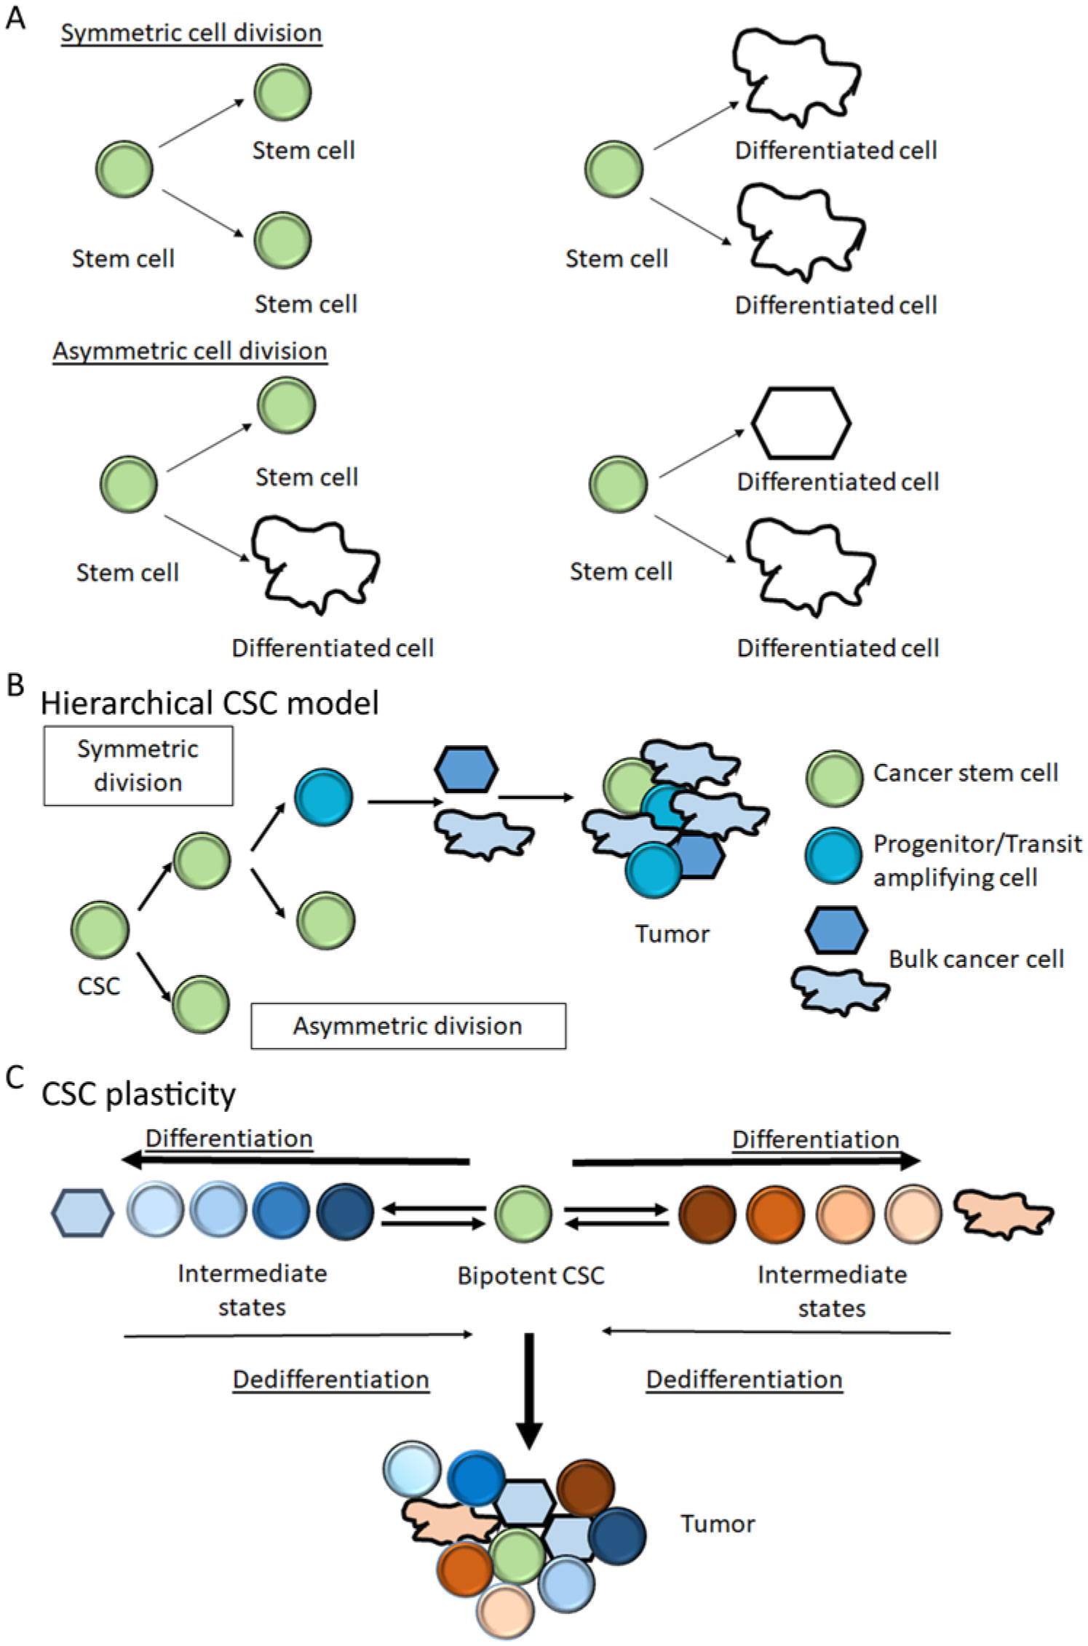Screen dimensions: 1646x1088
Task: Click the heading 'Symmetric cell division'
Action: [x=191, y=33]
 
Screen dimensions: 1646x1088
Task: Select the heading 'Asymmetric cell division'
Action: [x=189, y=351]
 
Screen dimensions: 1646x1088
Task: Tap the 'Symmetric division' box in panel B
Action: [x=138, y=766]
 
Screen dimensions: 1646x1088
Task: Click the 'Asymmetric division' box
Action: [x=408, y=1025]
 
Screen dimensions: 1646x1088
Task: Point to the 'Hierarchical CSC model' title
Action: [x=210, y=703]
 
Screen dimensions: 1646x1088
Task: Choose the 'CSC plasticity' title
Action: [x=138, y=1094]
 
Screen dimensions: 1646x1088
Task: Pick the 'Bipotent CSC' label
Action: [x=531, y=1276]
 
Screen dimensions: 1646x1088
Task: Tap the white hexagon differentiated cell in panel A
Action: [x=801, y=423]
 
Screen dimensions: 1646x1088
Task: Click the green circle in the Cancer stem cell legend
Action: [x=834, y=779]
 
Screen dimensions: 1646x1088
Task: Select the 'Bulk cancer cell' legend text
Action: [x=976, y=959]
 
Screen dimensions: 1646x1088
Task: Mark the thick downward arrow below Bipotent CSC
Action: [x=529, y=1388]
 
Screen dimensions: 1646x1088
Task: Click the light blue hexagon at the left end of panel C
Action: [x=82, y=1213]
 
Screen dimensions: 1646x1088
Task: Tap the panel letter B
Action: [x=15, y=685]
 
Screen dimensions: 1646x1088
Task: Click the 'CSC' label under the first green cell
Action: [x=98, y=986]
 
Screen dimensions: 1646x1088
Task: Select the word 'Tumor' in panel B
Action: [x=672, y=934]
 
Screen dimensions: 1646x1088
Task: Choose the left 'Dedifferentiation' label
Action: [x=330, y=1379]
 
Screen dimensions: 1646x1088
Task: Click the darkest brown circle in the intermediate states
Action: [x=707, y=1214]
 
